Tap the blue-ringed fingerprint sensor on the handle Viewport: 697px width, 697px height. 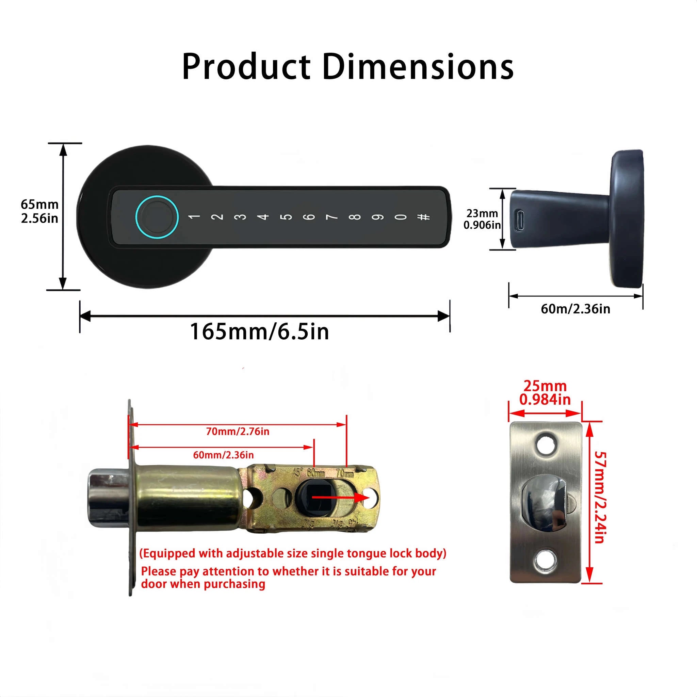point(157,217)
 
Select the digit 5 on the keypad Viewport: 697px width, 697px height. point(287,217)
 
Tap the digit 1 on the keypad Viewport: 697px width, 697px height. point(194,217)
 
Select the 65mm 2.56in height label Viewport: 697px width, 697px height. point(39,211)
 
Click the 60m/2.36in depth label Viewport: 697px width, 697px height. point(576,309)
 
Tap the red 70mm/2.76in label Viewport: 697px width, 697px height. point(238,432)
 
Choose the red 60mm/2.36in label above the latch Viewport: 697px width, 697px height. point(223,455)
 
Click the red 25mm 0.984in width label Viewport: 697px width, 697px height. point(545,393)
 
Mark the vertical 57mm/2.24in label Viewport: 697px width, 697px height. point(600,498)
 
